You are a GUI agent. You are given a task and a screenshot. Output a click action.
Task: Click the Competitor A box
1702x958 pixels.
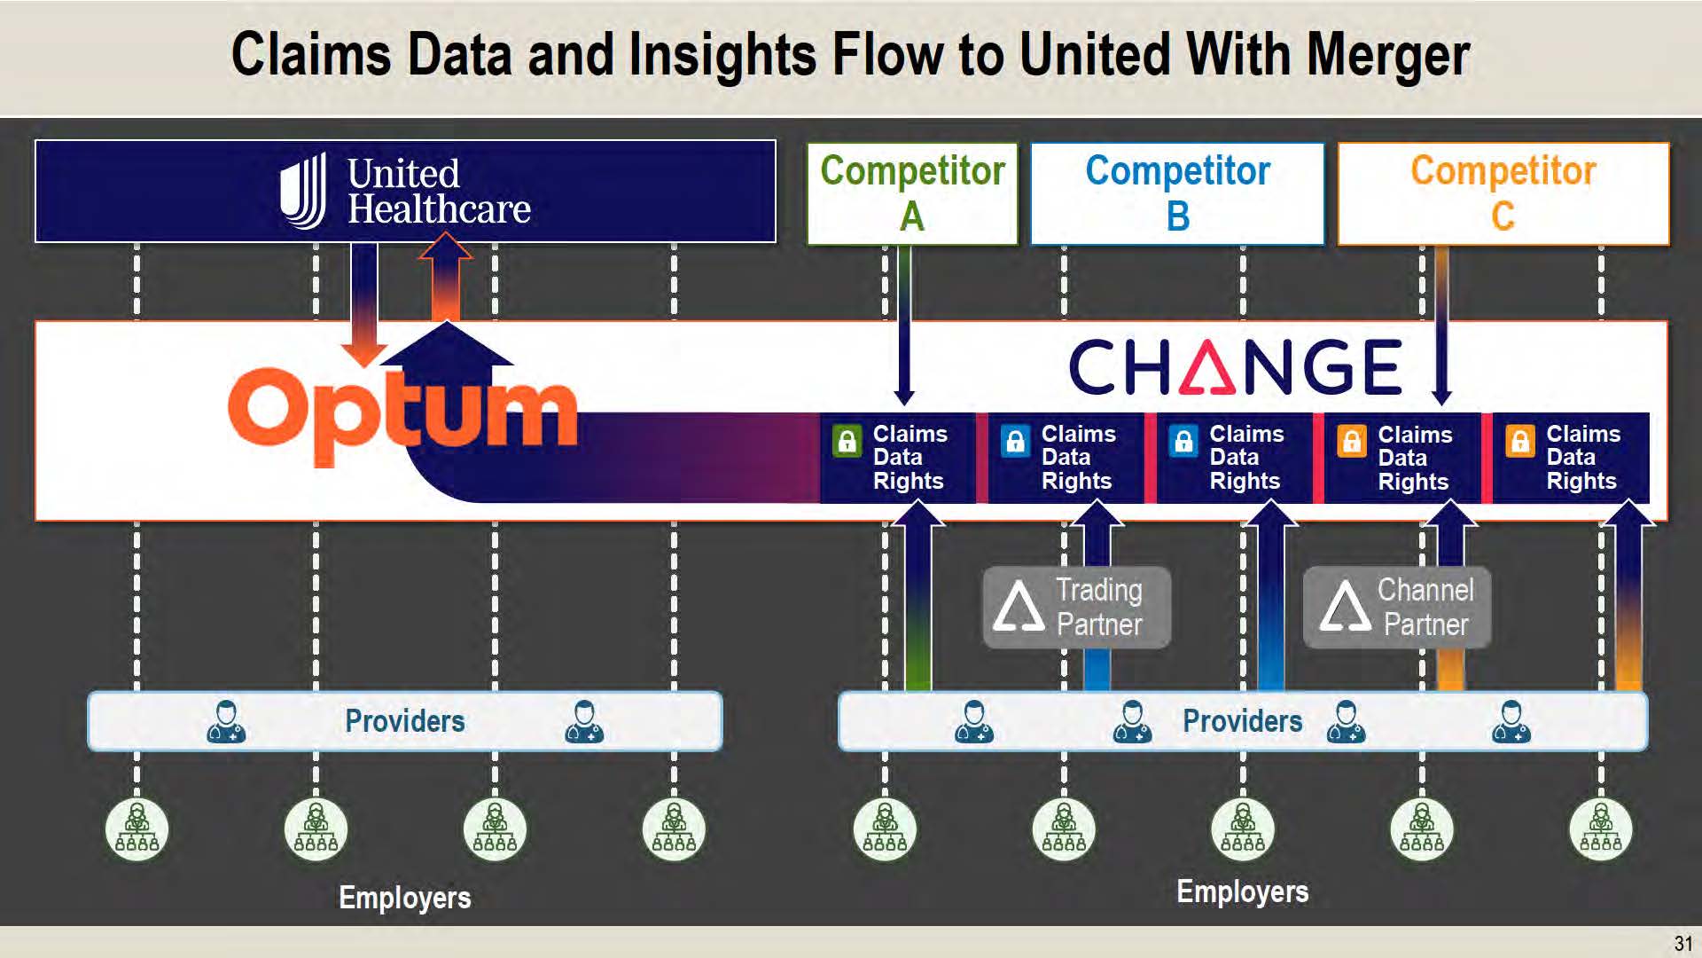912,193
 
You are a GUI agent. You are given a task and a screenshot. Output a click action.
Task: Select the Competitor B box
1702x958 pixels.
1177,193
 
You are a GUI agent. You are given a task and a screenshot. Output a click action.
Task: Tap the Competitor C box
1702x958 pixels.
1503,193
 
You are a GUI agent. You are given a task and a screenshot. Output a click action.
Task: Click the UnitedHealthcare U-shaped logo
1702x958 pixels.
303,191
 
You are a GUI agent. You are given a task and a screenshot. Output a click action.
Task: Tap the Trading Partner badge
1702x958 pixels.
1076,608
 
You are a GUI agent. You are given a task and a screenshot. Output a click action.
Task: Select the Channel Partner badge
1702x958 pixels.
1397,608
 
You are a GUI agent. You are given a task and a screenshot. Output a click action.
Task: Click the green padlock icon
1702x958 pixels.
847,441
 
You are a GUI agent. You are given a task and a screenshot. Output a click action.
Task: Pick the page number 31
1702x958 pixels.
1682,943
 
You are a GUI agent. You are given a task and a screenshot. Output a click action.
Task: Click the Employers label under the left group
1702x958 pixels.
404,898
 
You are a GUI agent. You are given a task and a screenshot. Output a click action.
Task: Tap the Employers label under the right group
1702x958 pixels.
1242,891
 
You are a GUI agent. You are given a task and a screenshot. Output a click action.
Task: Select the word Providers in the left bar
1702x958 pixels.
404,721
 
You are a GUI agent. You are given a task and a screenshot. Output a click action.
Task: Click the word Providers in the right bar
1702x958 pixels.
1242,721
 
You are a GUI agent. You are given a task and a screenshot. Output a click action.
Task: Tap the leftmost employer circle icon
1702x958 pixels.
137,829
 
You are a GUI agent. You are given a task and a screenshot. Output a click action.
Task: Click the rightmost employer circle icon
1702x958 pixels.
1600,829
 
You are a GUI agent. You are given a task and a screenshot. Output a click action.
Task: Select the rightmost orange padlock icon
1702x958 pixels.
1519,441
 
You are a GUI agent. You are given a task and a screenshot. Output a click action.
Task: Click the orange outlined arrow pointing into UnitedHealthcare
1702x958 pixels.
445,276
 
